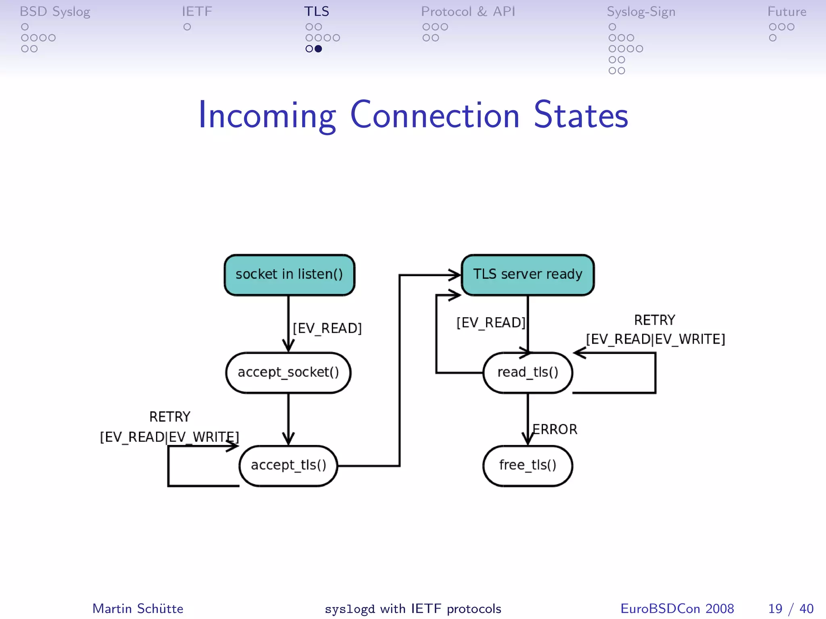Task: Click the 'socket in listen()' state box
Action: point(289,274)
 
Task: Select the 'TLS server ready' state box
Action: point(528,274)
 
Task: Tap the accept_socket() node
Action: point(288,372)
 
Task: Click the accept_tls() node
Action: point(288,465)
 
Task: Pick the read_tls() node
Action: point(528,372)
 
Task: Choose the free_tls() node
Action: point(528,465)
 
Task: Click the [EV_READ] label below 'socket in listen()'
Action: point(327,328)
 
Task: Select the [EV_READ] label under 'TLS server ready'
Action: point(491,323)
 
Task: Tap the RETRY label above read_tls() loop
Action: point(655,320)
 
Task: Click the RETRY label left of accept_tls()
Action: point(170,417)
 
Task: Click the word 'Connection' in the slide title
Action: point(435,116)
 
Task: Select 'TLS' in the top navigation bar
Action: point(317,12)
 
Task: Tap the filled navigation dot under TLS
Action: point(318,49)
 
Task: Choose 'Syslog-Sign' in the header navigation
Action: point(641,12)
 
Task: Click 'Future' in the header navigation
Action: point(786,12)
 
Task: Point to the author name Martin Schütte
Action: point(138,609)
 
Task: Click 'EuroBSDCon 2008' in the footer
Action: point(677,609)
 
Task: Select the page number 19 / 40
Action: point(791,609)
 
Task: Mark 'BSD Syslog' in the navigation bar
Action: point(55,12)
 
